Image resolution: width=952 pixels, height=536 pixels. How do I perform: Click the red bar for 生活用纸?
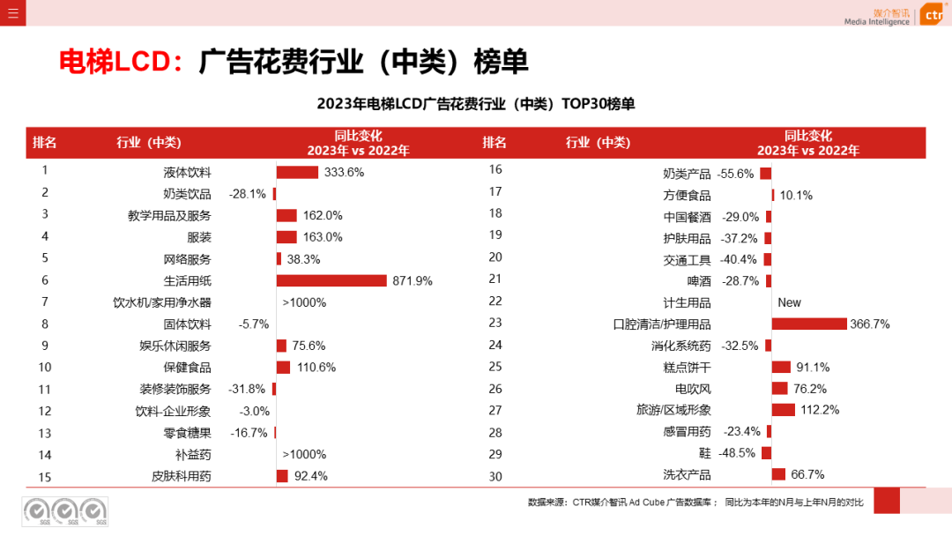(331, 280)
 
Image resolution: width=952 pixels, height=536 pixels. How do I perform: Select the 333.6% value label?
(344, 172)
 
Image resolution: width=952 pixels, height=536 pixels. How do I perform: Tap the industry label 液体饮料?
(187, 172)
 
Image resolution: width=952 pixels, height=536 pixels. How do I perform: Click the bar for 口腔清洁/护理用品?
(808, 324)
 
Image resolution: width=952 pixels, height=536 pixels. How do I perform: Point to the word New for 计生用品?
(789, 302)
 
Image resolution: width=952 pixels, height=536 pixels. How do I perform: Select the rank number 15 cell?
(45, 476)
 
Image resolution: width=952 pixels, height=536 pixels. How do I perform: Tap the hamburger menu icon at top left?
(12, 12)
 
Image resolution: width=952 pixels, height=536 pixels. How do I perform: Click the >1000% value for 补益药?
(304, 454)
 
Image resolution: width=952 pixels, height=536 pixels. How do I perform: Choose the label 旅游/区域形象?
(673, 410)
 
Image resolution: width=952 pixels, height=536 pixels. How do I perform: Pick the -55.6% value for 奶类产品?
(735, 174)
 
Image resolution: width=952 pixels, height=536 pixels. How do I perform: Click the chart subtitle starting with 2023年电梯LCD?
(475, 104)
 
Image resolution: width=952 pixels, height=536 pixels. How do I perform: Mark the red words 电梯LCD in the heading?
(115, 61)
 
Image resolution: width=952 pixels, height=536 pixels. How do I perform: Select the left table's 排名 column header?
(45, 143)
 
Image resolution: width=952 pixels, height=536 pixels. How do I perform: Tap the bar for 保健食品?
(283, 368)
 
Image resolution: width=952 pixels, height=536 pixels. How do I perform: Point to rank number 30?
(495, 476)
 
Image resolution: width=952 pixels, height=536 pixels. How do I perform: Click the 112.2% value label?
(819, 410)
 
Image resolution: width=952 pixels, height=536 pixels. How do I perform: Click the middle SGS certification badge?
(64, 511)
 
